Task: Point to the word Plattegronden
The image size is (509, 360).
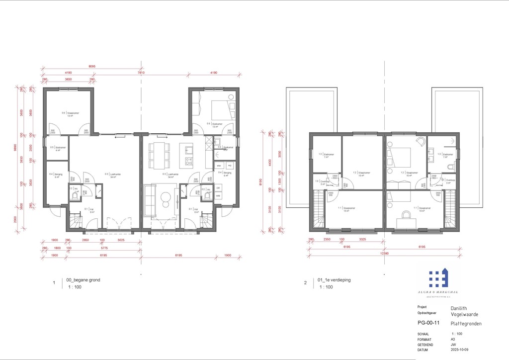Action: click(x=466, y=323)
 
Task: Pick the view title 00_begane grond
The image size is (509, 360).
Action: click(x=83, y=280)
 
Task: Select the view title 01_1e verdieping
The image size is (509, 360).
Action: click(x=334, y=280)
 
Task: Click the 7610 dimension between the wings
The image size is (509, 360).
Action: click(x=141, y=73)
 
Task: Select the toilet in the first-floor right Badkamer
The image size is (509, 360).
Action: click(x=450, y=167)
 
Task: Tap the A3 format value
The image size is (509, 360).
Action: click(x=453, y=339)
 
